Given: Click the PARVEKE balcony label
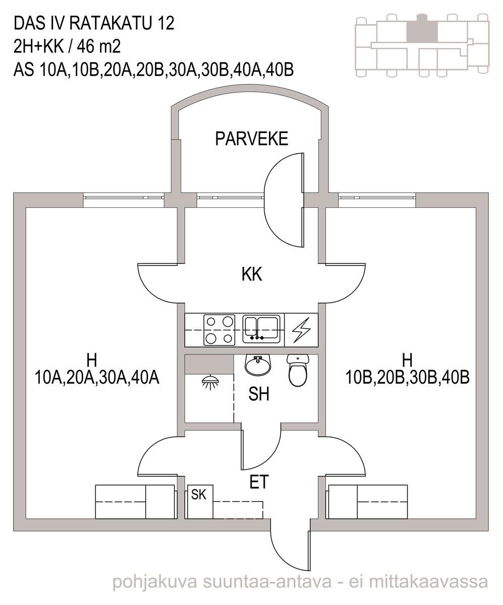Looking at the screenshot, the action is (x=251, y=139).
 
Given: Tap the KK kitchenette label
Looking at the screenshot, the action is (x=252, y=274).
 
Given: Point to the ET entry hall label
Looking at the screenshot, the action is (x=259, y=482).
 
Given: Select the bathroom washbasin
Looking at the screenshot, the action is (x=258, y=365).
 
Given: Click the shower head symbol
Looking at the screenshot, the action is (x=210, y=383).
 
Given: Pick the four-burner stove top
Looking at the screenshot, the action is (x=219, y=330).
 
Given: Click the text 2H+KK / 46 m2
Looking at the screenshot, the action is (x=67, y=47).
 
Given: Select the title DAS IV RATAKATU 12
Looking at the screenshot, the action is (x=94, y=24).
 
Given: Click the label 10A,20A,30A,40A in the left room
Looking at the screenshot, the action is (x=97, y=378).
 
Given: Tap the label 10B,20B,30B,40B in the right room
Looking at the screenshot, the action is (x=407, y=378).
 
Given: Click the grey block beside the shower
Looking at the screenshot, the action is (x=209, y=364).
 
